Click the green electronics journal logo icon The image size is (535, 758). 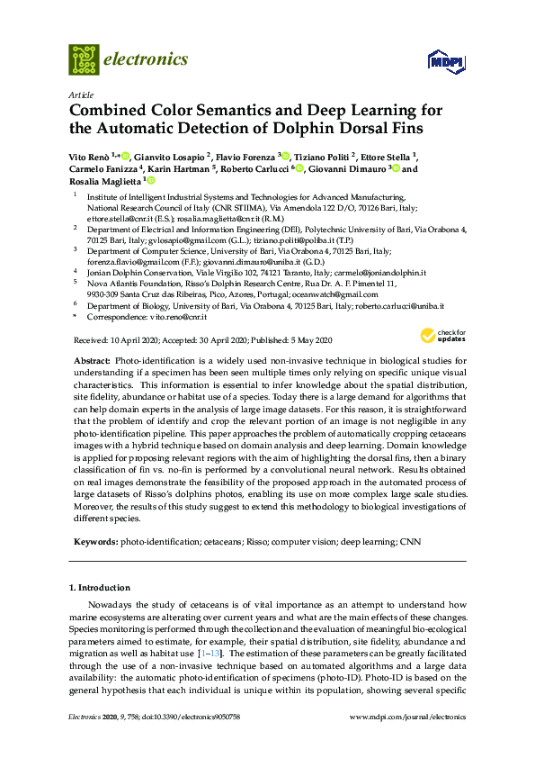coord(84,59)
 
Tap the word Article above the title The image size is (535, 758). coord(81,95)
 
